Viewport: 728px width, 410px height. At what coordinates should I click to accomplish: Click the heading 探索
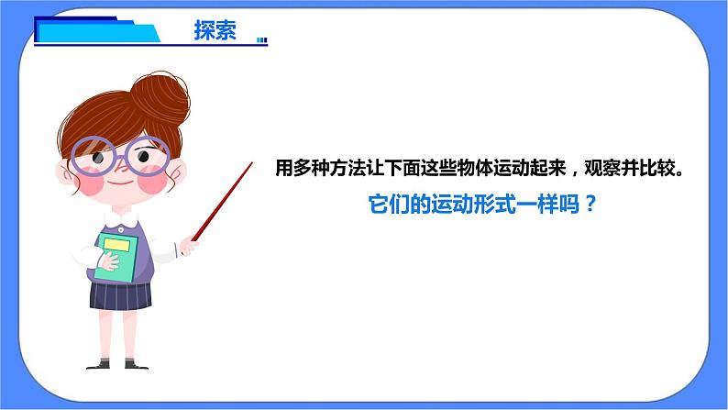(x=215, y=30)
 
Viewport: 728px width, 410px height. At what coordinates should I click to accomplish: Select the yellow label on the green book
(x=114, y=245)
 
